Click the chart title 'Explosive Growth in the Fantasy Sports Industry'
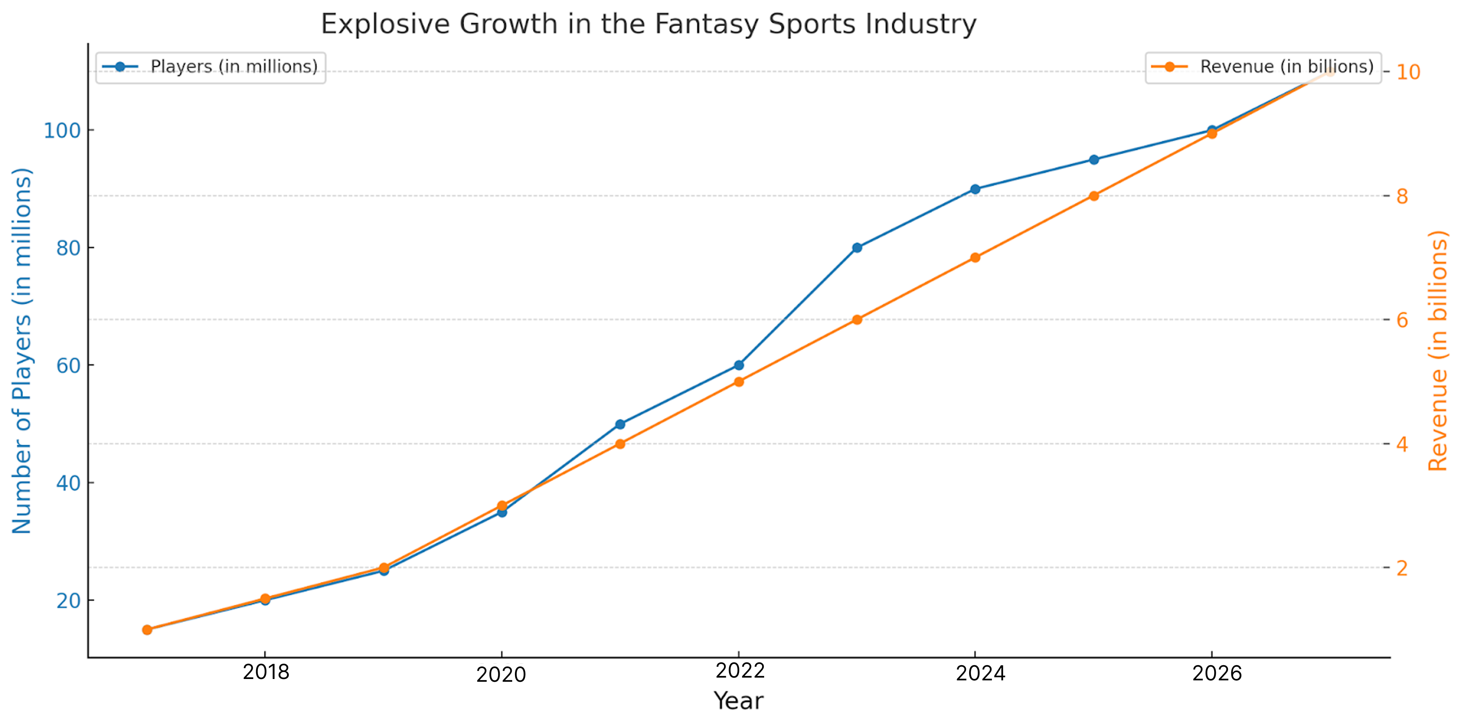[x=648, y=25]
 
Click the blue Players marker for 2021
[x=620, y=424]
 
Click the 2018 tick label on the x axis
[x=265, y=672]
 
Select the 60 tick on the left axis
[x=68, y=365]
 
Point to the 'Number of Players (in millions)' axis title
[x=21, y=351]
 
